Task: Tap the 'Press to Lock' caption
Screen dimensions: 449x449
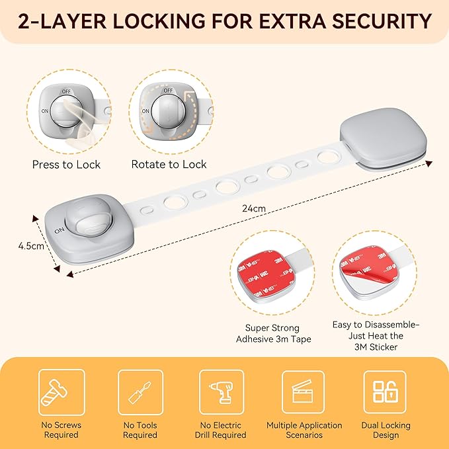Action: pyautogui.click(x=66, y=164)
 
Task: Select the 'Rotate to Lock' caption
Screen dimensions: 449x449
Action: pyautogui.click(x=169, y=164)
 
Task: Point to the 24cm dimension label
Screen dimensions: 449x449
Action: pyautogui.click(x=253, y=208)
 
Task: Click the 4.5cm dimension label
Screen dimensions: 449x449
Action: pyautogui.click(x=30, y=246)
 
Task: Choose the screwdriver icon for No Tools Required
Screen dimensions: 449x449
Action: pyautogui.click(x=140, y=393)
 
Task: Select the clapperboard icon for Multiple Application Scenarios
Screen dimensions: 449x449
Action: pyautogui.click(x=303, y=393)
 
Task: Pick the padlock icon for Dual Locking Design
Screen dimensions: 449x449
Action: pyautogui.click(x=384, y=393)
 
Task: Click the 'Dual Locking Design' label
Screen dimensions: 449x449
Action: pyautogui.click(x=386, y=430)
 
